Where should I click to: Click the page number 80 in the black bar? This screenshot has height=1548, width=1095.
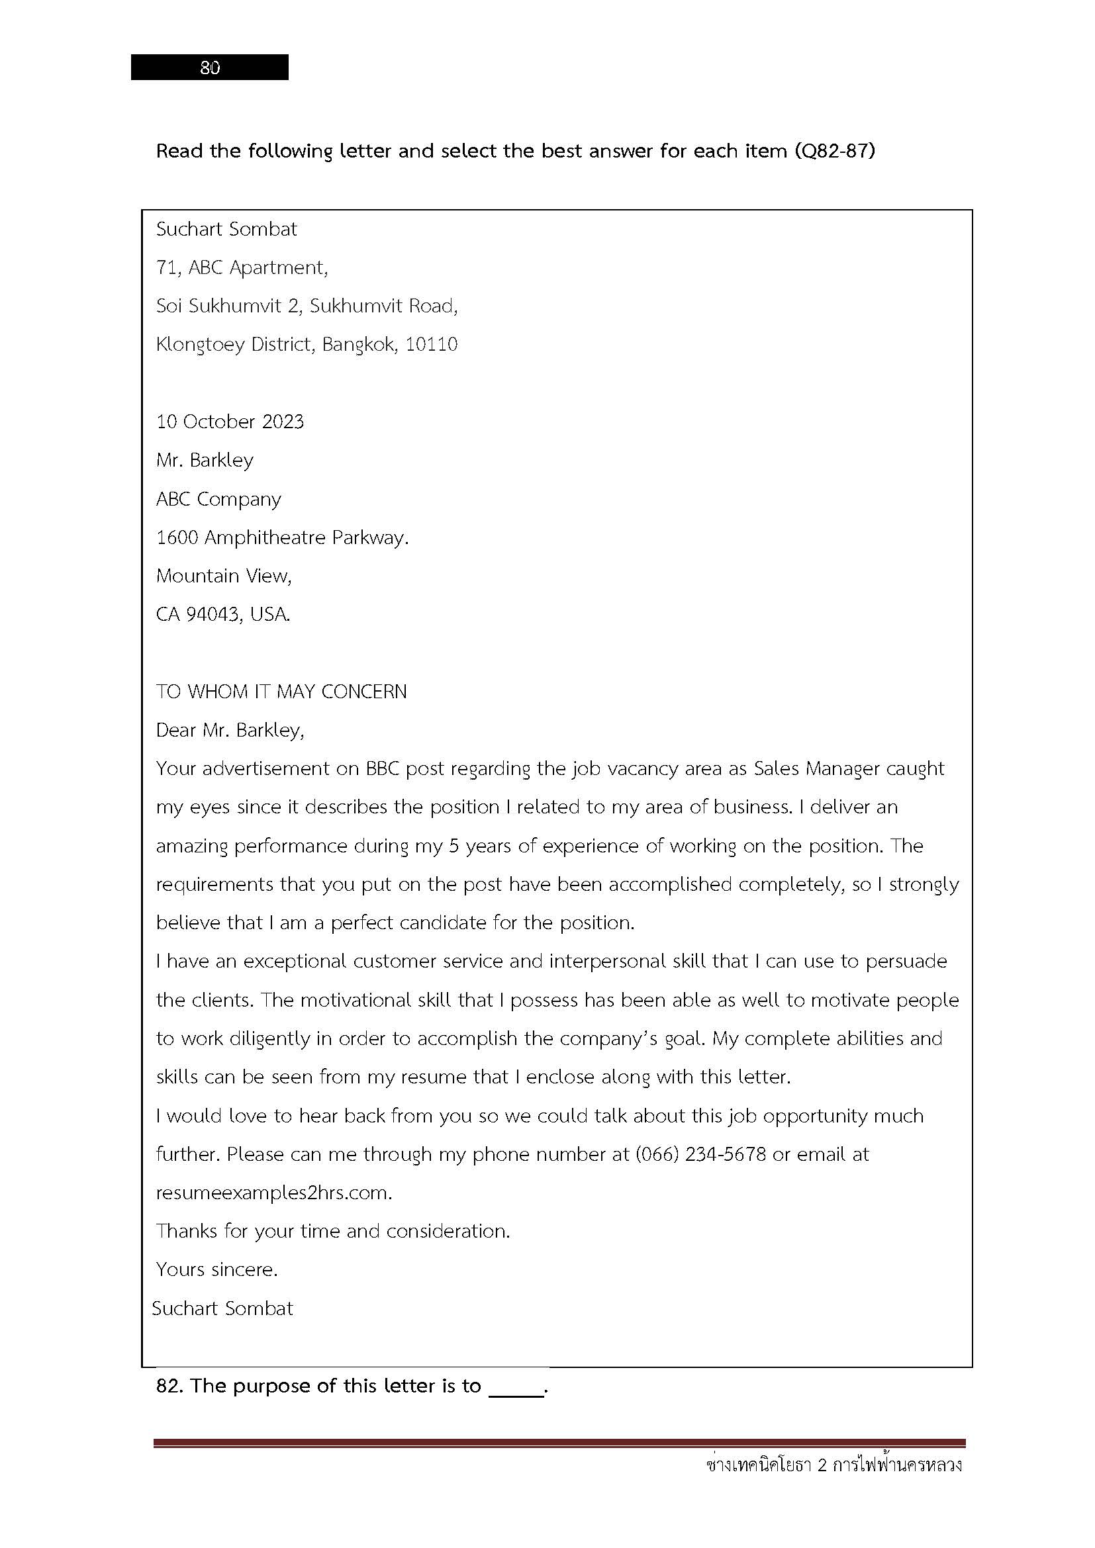(210, 68)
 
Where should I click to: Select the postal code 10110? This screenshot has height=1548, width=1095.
(432, 345)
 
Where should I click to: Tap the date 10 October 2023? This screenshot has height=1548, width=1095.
(230, 422)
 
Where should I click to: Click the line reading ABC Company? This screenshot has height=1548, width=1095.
(218, 500)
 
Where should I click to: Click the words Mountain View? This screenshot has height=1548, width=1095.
(223, 576)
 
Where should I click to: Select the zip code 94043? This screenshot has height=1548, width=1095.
(213, 615)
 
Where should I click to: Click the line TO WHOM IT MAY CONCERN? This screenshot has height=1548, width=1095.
(281, 692)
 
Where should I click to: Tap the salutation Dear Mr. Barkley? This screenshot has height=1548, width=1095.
(230, 731)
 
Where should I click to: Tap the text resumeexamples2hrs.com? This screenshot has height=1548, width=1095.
(274, 1193)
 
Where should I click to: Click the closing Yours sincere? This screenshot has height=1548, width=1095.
(216, 1270)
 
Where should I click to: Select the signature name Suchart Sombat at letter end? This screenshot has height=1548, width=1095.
(222, 1309)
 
